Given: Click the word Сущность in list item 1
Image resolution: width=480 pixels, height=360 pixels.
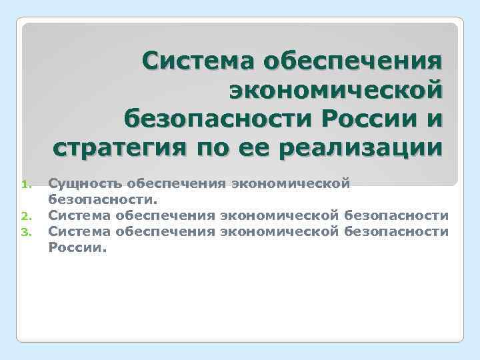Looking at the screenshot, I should (85, 183).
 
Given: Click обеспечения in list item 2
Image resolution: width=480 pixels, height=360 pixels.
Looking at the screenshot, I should (164, 215).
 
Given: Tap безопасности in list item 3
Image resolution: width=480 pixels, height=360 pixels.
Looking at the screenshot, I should (397, 231).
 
